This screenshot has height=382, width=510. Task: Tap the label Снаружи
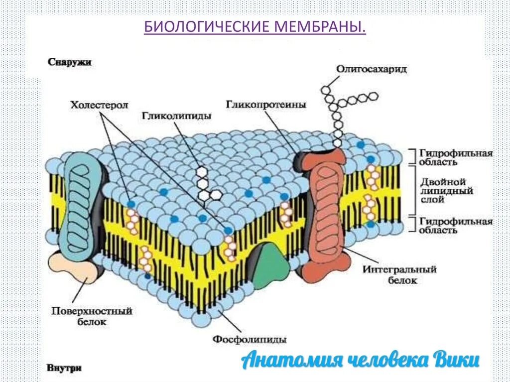[70, 62]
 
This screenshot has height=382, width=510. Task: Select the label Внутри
[65, 369]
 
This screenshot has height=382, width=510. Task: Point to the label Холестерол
[99, 105]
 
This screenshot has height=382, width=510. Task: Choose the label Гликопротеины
[266, 105]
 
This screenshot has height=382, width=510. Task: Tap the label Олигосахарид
[372, 69]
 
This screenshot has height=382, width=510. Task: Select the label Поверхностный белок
[92, 316]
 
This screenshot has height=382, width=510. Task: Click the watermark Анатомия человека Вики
[361, 360]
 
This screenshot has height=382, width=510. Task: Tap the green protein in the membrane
[270, 265]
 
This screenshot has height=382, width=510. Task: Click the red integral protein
[324, 214]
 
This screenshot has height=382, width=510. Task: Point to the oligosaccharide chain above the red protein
[338, 110]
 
